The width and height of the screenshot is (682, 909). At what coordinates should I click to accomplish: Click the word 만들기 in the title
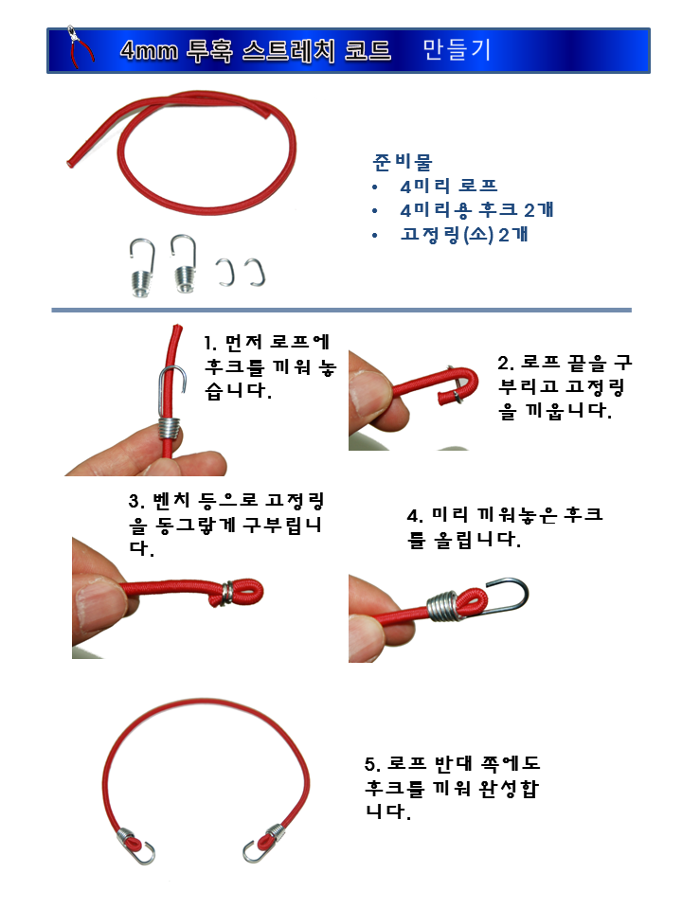coord(457,50)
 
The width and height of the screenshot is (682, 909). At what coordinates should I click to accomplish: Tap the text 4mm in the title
coord(150,51)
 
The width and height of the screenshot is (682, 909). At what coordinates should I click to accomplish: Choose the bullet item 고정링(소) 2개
coord(464,234)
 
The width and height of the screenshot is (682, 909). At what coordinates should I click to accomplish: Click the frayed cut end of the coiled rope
coord(72,161)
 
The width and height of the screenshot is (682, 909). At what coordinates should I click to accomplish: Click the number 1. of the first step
coord(211,343)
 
